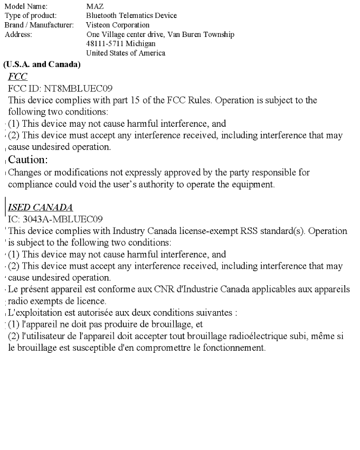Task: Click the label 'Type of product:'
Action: [31, 16]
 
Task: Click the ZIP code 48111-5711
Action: [103, 44]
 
